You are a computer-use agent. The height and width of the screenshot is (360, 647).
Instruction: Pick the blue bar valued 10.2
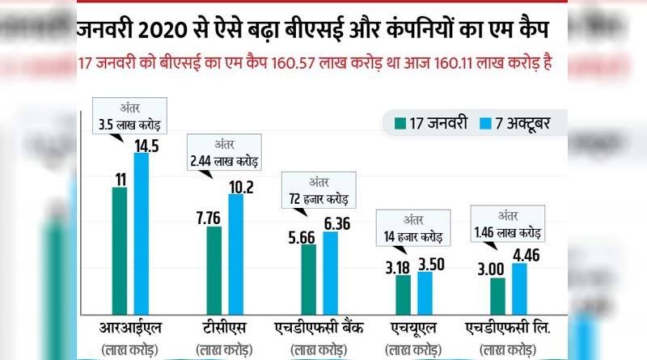click(235, 253)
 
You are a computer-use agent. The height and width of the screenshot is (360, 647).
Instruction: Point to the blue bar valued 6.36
click(330, 273)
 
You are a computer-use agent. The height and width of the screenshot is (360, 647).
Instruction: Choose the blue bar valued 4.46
click(519, 288)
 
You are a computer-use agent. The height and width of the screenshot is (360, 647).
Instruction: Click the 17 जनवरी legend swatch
click(400, 125)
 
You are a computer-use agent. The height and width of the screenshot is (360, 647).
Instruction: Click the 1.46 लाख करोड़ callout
click(507, 222)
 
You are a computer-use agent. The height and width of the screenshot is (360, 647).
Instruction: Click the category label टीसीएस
click(225, 328)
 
